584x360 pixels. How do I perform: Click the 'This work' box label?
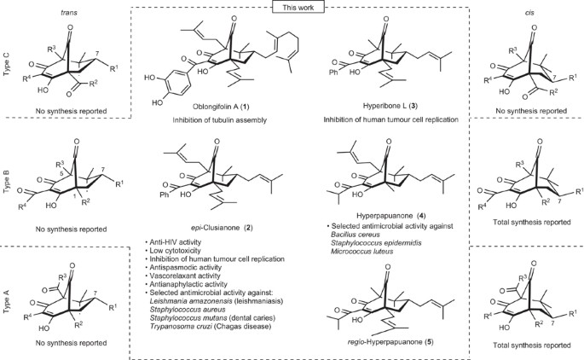point(292,7)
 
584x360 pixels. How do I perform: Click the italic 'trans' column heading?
point(55,11)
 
